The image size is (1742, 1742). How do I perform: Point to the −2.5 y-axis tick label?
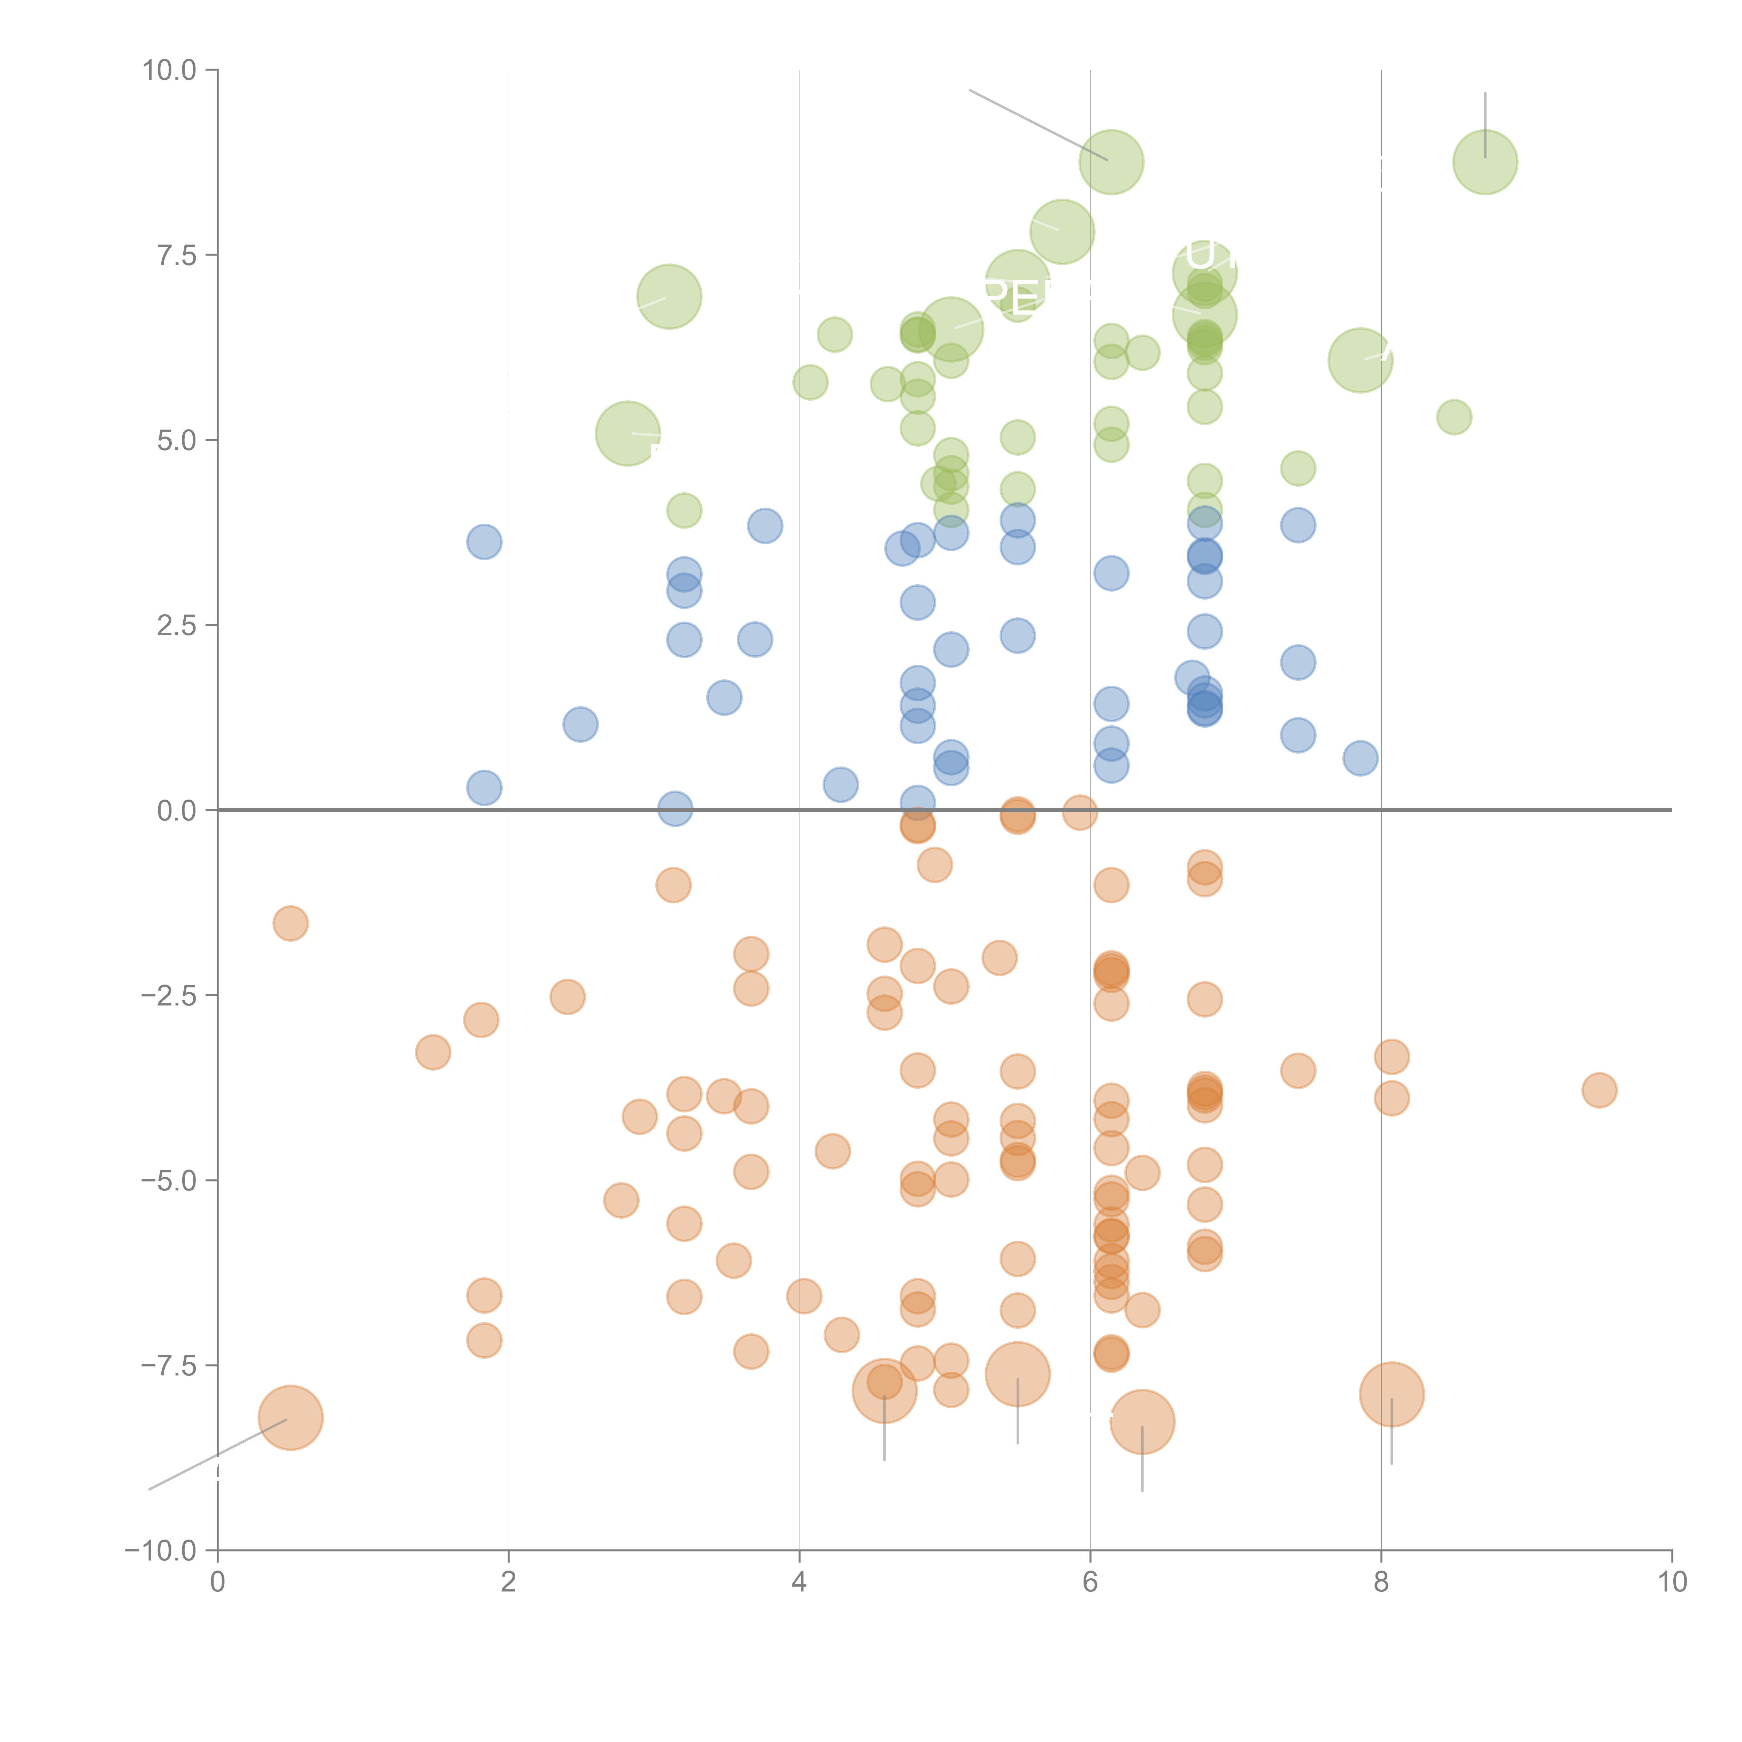click(169, 995)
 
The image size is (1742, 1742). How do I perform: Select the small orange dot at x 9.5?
click(1599, 1090)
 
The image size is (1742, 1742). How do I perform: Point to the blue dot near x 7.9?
click(1360, 758)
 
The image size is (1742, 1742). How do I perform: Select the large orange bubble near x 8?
click(1391, 1394)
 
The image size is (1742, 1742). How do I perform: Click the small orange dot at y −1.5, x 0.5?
click(290, 923)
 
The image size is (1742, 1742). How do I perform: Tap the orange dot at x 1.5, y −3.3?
click(433, 1052)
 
